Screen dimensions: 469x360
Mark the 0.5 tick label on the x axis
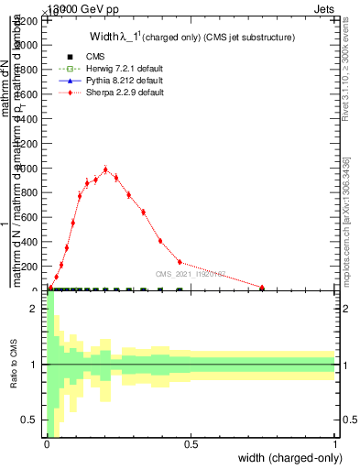191,445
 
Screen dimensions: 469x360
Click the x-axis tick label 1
335,445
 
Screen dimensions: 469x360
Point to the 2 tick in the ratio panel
35,310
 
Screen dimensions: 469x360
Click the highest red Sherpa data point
106,169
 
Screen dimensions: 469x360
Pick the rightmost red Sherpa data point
262,288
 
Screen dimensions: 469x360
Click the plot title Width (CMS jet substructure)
191,37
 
